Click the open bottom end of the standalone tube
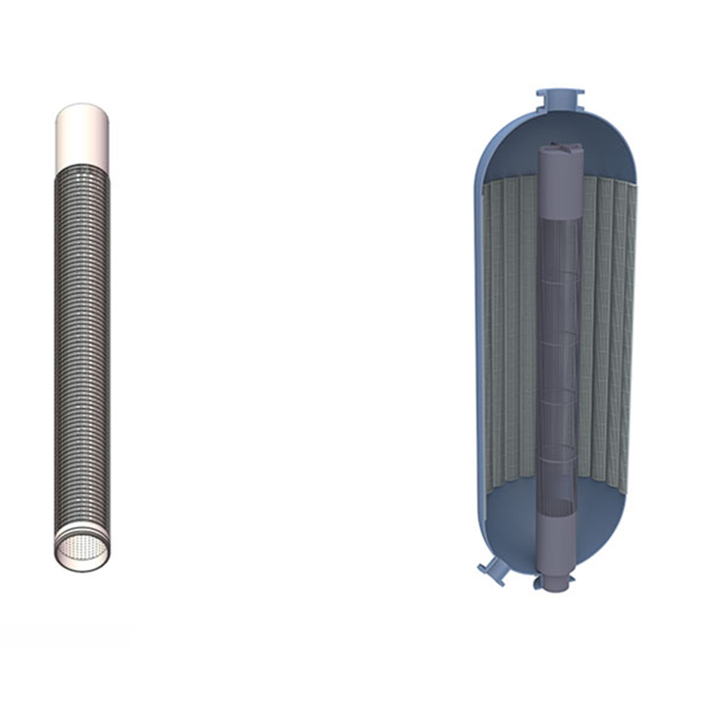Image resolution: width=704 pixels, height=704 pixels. (82, 550)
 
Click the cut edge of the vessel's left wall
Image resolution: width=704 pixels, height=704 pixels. (478, 352)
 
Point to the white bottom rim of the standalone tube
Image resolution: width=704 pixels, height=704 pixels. (82, 564)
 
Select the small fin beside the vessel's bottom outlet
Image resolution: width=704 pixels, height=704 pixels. (537, 583)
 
